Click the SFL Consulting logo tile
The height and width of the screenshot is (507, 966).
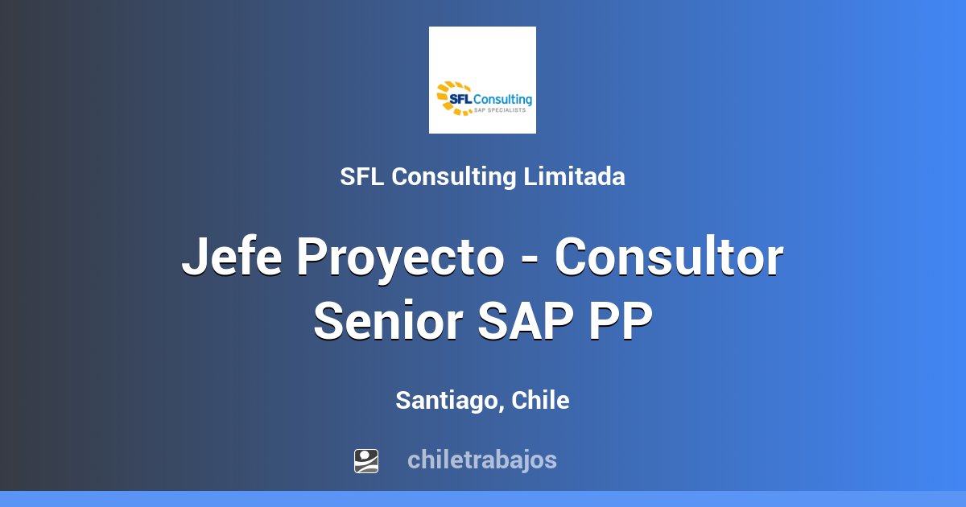click(x=482, y=80)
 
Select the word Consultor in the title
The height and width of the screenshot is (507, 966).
click(x=668, y=258)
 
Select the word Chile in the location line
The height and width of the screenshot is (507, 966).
click(x=540, y=400)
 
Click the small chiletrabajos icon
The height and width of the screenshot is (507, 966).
click(x=366, y=460)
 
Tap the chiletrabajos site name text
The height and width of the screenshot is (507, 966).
click(x=481, y=460)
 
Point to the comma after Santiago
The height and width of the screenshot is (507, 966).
click(x=502, y=407)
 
